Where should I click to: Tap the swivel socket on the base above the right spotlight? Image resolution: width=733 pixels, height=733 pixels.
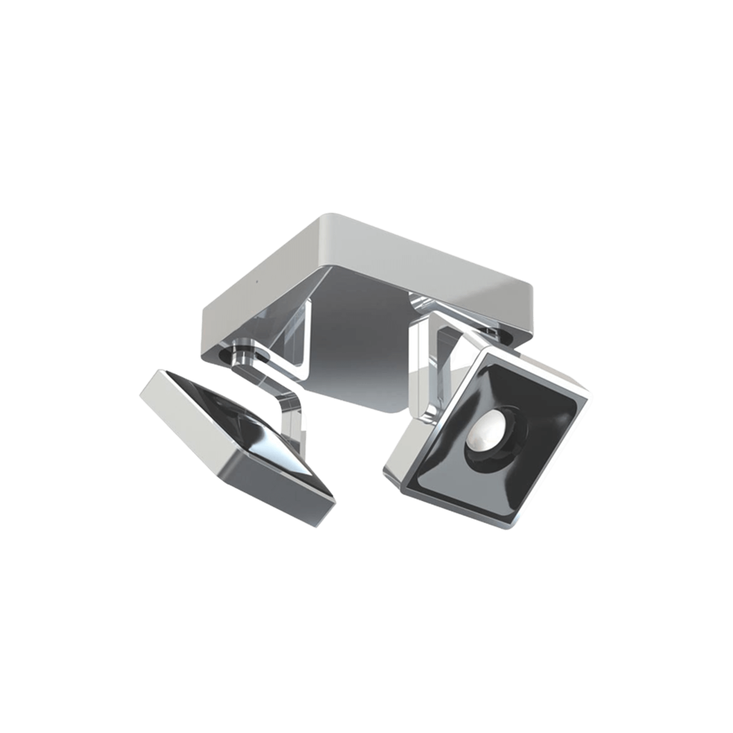494,332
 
